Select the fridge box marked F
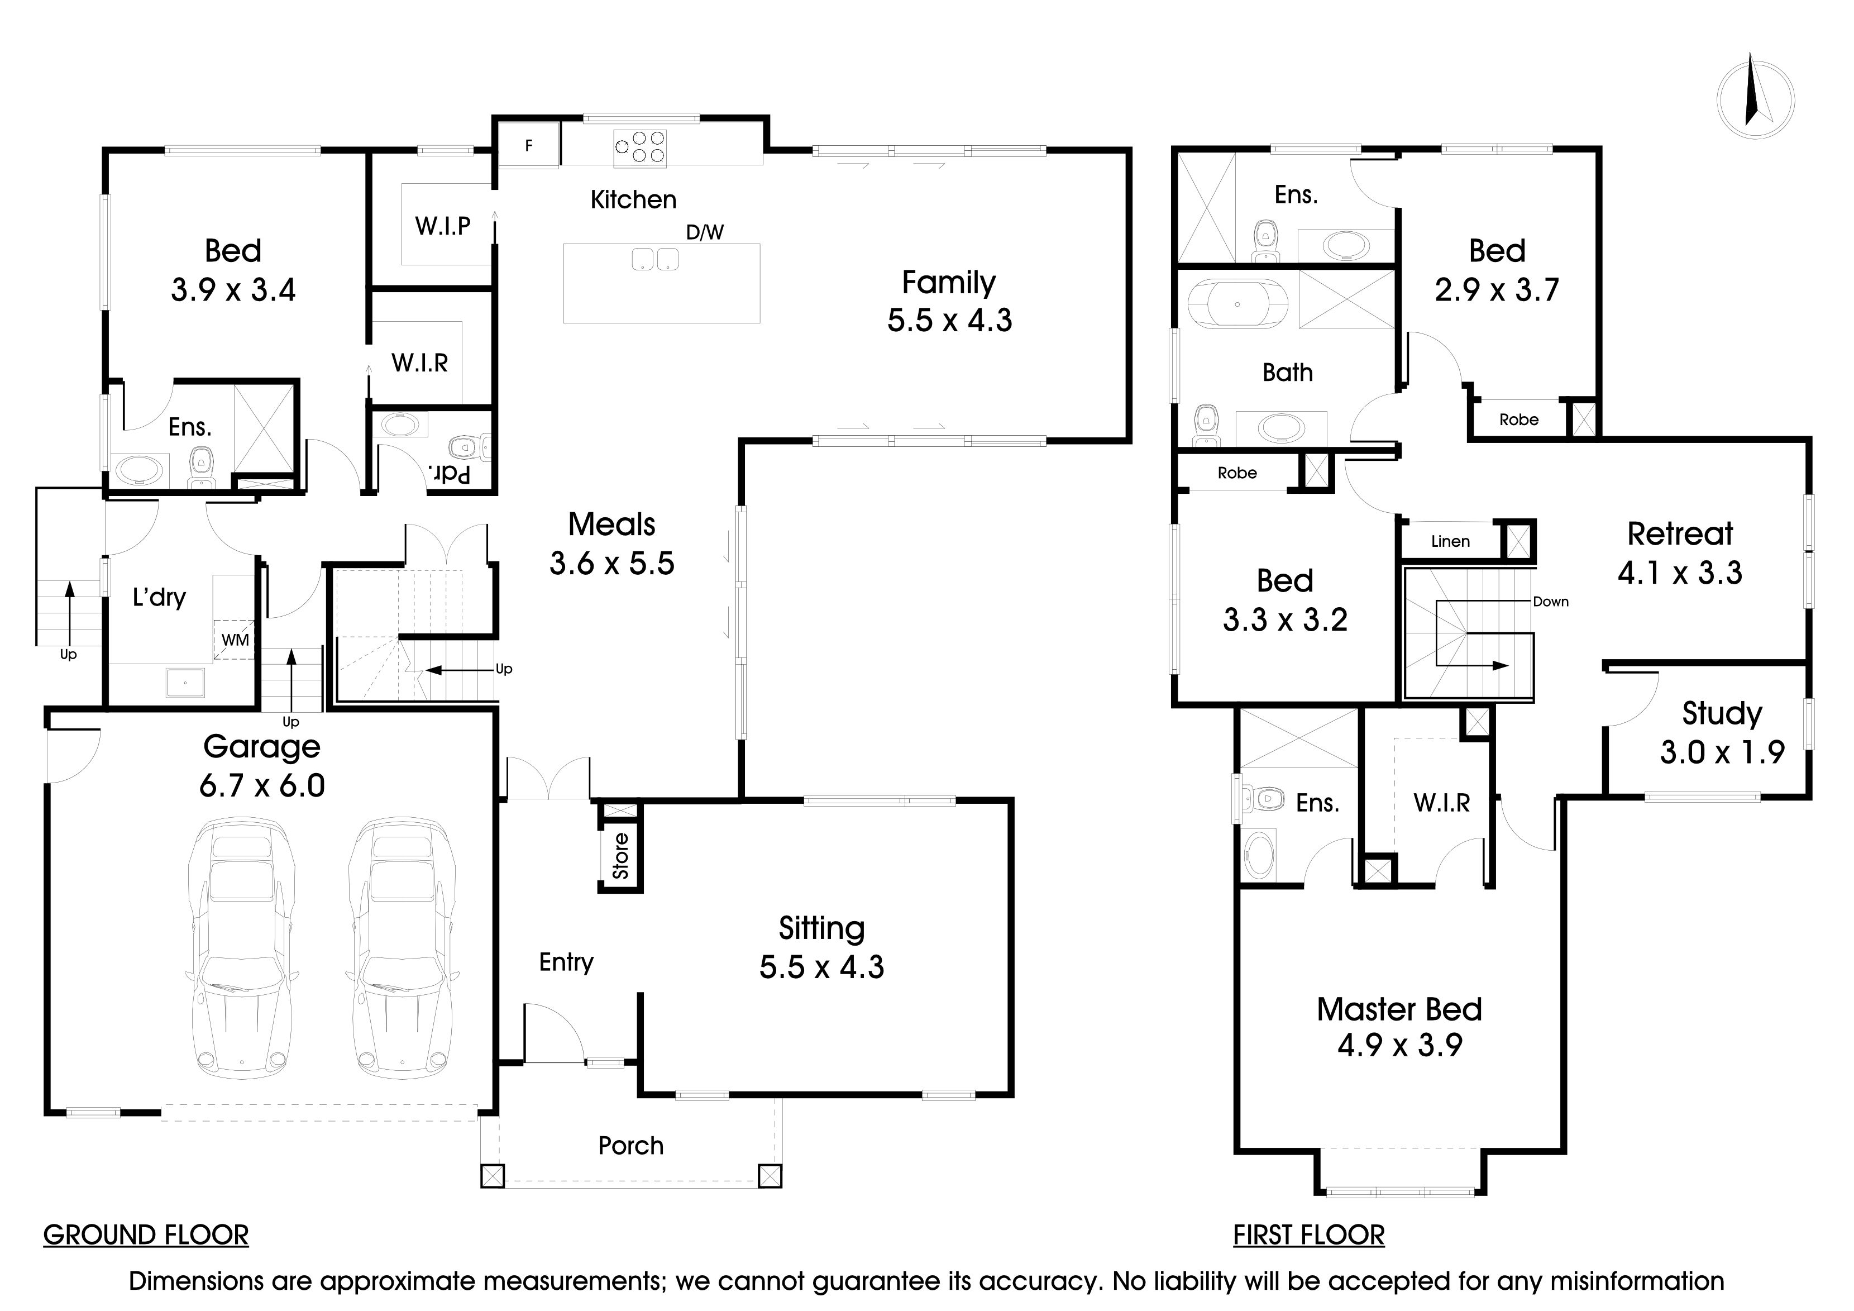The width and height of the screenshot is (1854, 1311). pyautogui.click(x=529, y=145)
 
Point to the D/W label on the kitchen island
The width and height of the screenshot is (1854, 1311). pyautogui.click(x=704, y=232)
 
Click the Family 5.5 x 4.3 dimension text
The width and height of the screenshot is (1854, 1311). pyautogui.click(x=949, y=321)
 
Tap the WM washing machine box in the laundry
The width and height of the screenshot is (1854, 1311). pyautogui.click(x=235, y=640)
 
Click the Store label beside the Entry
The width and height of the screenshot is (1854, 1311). pyautogui.click(x=620, y=855)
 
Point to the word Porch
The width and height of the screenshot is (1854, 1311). pyautogui.click(x=630, y=1146)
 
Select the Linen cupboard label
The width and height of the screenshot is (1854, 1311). pyautogui.click(x=1450, y=541)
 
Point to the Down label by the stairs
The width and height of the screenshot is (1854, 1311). pyautogui.click(x=1550, y=601)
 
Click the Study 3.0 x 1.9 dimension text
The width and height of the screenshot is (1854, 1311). pyautogui.click(x=1722, y=752)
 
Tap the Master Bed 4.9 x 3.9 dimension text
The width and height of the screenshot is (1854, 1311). pyautogui.click(x=1399, y=1045)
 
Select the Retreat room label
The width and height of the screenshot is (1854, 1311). pyautogui.click(x=1680, y=534)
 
